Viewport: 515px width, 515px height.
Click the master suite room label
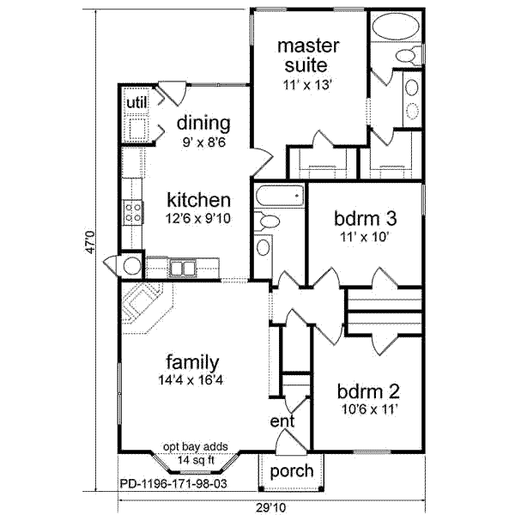(308, 56)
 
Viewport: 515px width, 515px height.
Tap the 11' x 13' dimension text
(306, 85)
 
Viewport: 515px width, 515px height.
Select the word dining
(203, 124)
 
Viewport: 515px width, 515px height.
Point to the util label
(136, 102)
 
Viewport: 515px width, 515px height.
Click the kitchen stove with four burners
(133, 212)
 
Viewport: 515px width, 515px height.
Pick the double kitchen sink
(182, 268)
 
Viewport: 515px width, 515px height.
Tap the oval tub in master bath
(396, 27)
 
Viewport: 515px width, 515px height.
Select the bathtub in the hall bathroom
(280, 197)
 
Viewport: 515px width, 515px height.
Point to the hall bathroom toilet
(267, 221)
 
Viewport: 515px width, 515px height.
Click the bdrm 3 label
(366, 218)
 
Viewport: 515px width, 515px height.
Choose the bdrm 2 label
(368, 391)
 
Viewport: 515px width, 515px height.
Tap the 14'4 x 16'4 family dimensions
(191, 380)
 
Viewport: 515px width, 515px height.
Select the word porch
(292, 471)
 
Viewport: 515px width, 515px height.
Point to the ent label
(282, 421)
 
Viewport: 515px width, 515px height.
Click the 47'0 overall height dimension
(90, 242)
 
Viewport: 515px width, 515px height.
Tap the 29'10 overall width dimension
(271, 508)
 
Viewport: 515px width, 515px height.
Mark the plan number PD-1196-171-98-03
(173, 483)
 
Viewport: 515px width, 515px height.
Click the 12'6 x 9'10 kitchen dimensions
(197, 218)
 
